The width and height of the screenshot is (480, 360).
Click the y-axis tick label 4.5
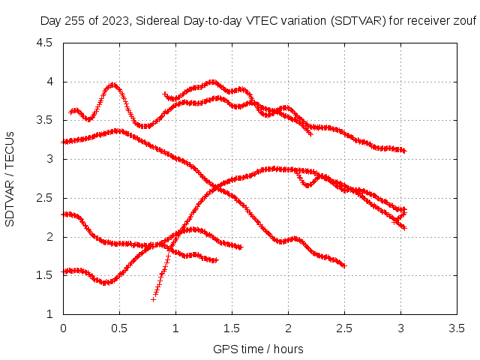point(44,43)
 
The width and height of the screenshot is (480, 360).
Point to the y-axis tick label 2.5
point(44,198)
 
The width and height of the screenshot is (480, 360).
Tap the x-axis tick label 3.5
point(457,328)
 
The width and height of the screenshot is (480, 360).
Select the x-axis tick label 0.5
point(119,328)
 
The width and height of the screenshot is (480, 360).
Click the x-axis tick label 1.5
point(232,328)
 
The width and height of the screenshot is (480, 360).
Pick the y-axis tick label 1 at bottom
point(49,314)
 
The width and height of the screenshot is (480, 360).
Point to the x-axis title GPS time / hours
point(258,349)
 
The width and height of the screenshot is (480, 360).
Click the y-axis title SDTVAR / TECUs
point(10,179)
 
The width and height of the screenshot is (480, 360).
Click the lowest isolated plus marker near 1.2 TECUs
point(153,299)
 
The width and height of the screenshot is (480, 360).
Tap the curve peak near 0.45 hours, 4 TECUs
point(113,85)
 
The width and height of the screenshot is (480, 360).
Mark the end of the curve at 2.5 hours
point(345,265)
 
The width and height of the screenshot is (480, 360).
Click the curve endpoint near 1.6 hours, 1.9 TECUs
point(241,247)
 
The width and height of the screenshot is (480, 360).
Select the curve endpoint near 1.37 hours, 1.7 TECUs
point(216,260)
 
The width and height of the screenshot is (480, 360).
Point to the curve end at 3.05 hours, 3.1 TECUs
point(404,151)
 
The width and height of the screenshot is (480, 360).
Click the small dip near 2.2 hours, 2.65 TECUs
point(307,185)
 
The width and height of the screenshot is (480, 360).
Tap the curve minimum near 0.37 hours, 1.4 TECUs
point(105,283)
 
